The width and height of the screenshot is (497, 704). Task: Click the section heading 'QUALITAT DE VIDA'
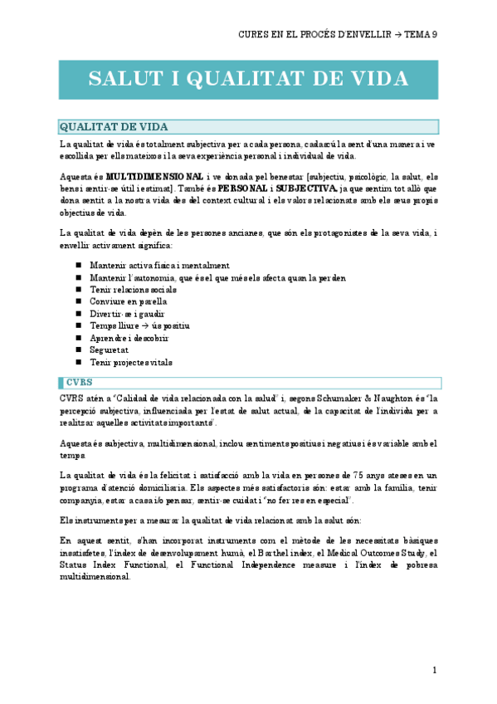[x=114, y=127]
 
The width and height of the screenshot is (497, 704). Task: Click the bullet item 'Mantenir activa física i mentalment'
[x=159, y=266]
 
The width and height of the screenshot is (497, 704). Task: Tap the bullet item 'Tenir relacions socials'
[x=133, y=290]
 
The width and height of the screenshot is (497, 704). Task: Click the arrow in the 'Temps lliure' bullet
[x=144, y=326]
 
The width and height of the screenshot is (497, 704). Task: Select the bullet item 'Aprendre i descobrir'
[x=129, y=339]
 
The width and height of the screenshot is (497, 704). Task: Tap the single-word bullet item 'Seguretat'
[x=108, y=350]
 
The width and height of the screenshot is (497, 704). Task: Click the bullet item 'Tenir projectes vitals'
[x=132, y=363]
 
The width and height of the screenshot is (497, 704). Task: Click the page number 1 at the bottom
[x=435, y=670]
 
